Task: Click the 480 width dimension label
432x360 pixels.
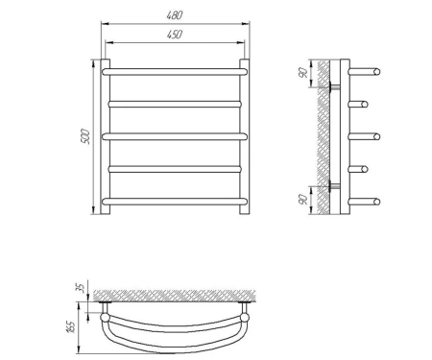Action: coord(175,15)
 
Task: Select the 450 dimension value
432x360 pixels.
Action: coord(175,35)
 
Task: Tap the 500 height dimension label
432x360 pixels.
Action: coord(86,136)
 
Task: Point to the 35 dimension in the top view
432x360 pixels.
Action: coord(83,288)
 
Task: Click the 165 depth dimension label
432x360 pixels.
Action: coord(72,326)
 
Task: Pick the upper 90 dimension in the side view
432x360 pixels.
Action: coord(302,73)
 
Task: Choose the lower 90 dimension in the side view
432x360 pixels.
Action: coord(302,200)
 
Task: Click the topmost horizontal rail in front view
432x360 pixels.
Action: coord(175,72)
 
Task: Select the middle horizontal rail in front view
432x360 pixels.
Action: coord(175,136)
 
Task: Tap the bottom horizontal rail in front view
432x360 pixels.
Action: coord(175,202)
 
